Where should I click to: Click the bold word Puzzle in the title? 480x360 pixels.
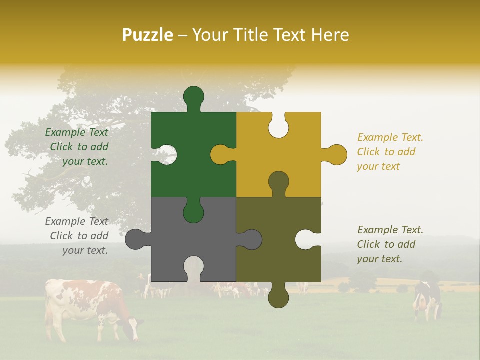[x=148, y=35]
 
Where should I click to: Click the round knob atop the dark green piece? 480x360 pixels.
[x=193, y=96]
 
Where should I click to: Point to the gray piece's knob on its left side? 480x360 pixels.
[x=135, y=239]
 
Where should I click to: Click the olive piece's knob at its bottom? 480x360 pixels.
[x=278, y=298]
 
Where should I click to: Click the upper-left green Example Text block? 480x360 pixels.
[x=77, y=147]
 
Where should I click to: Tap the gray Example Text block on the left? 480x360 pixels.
[x=77, y=236]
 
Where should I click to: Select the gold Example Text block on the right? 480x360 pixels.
[x=390, y=152]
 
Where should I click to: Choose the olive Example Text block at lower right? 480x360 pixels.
[x=390, y=244]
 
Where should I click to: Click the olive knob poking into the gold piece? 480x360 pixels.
[x=278, y=182]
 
